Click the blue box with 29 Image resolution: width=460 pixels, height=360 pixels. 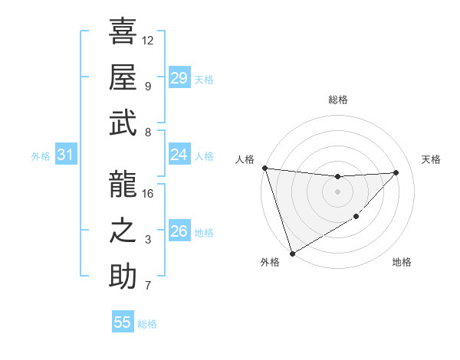tap(179, 78)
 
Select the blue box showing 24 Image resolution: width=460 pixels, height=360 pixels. tap(179, 155)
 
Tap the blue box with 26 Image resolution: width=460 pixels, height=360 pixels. tap(179, 231)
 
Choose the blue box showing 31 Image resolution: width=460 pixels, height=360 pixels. tap(65, 155)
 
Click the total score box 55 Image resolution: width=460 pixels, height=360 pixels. tap(123, 322)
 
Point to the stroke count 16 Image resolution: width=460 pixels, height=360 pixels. tap(148, 193)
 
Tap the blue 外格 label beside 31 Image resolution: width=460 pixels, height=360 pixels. tap(41, 156)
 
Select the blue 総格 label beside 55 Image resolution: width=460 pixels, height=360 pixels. tap(147, 324)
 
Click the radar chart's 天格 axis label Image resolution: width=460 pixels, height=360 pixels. tap(431, 159)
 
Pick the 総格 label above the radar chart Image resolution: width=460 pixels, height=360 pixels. tap(337, 100)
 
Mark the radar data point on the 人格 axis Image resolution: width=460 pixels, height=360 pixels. tap(264, 168)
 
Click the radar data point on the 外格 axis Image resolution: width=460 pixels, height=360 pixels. tap(292, 252)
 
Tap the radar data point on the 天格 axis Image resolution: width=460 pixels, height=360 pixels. tap(396, 172)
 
